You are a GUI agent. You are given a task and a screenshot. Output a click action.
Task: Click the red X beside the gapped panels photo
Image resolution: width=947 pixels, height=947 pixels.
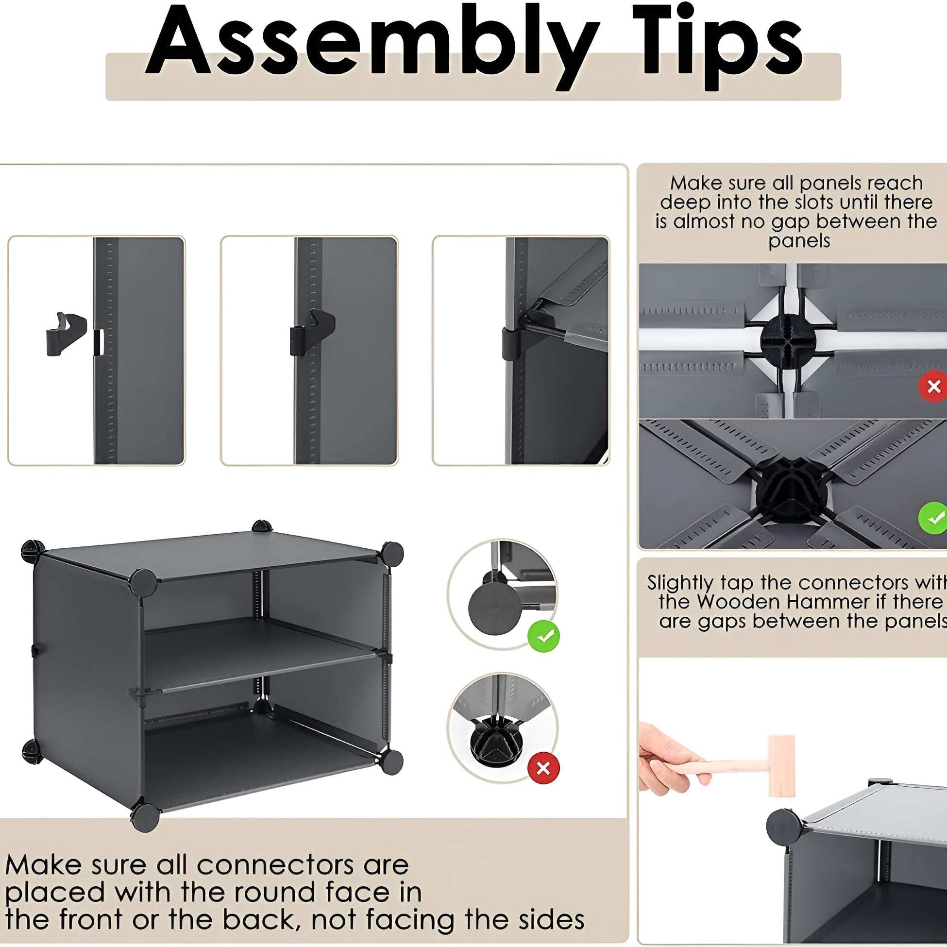(933, 387)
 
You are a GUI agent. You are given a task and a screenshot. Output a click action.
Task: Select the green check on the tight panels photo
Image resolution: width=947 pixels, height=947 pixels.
(933, 518)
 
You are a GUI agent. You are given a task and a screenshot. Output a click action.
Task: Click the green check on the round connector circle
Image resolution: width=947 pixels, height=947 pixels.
(543, 636)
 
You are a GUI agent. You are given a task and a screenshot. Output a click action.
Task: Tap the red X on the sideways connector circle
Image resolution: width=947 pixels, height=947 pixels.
(543, 769)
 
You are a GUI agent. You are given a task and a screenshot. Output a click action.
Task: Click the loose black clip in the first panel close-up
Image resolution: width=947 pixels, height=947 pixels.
(66, 334)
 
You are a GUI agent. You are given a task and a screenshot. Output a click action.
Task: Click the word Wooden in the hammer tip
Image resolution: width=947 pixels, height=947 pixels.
(742, 602)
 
